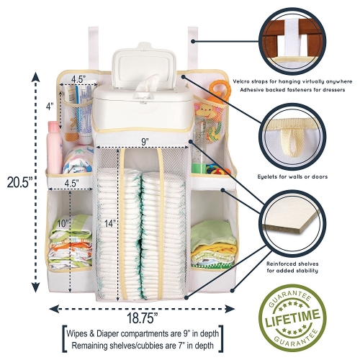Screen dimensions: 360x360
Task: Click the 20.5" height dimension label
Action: coord(19,181)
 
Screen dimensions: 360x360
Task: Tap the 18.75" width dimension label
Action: coord(142,318)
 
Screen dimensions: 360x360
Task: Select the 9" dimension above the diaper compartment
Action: coord(143,142)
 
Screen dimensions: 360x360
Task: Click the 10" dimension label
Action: coord(62,224)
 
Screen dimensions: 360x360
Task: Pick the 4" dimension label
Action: coord(50,106)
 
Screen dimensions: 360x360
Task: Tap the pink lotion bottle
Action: coord(54,148)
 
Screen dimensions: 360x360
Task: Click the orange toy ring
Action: coord(219,92)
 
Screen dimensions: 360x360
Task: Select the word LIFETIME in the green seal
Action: coord(292,318)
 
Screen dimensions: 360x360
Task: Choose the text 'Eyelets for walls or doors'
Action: coord(292,177)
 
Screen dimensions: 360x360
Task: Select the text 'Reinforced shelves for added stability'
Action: coord(292,267)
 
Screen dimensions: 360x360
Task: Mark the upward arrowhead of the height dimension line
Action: coord(35,77)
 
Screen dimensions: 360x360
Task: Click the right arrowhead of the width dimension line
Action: coord(230,309)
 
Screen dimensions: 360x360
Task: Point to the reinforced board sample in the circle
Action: coord(292,218)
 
